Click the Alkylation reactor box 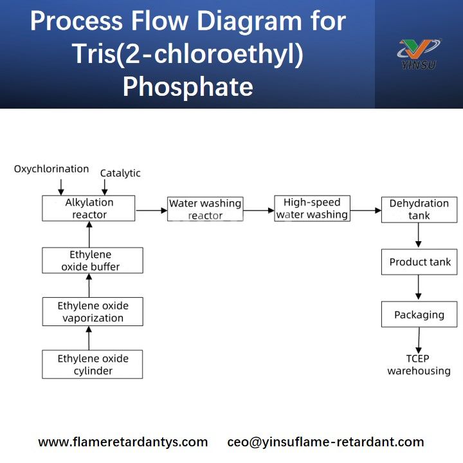[89, 208]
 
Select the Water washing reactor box [205, 209]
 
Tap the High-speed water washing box [312, 209]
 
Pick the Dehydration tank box [419, 210]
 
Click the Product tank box [419, 262]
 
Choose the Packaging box [419, 315]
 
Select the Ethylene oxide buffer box [92, 260]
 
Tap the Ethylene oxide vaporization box [92, 312]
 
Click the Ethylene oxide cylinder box [92, 365]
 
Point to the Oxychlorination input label [51, 169]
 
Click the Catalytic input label [120, 173]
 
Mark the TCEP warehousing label [419, 365]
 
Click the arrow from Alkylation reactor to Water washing [151, 210]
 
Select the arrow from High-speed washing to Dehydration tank [365, 210]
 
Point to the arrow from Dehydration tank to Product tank [419, 236]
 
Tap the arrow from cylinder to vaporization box [89, 338]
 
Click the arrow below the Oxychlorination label [61, 186]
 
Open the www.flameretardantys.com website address [123, 442]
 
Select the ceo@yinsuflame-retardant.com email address [325, 442]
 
